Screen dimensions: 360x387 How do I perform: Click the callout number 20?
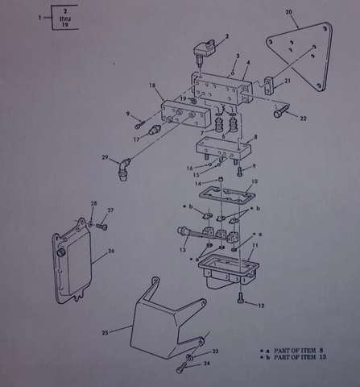[x=288, y=12]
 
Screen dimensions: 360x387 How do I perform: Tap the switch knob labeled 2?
[x=205, y=49]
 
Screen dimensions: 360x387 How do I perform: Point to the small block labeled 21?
[x=270, y=86]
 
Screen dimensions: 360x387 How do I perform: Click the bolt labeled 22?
[x=281, y=111]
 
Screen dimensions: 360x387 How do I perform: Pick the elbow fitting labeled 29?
[x=123, y=169]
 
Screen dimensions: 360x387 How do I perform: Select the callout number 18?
[x=152, y=85]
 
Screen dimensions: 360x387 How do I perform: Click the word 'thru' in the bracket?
[x=65, y=19]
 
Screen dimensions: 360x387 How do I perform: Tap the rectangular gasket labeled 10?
[x=227, y=196]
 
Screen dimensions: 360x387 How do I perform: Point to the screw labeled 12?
[x=240, y=298]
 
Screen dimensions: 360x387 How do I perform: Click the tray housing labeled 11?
[x=229, y=272]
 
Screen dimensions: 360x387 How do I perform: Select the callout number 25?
[x=105, y=333]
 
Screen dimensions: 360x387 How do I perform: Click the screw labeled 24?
[x=182, y=368]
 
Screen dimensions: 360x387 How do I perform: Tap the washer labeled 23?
[x=189, y=357]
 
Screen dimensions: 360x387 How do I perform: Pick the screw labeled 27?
[x=101, y=227]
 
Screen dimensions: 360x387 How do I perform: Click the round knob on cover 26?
[x=61, y=253]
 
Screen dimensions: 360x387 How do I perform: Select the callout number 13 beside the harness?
[x=183, y=250]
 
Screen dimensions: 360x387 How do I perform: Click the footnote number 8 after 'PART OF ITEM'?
[x=321, y=350]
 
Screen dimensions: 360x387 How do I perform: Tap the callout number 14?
[x=198, y=184]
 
